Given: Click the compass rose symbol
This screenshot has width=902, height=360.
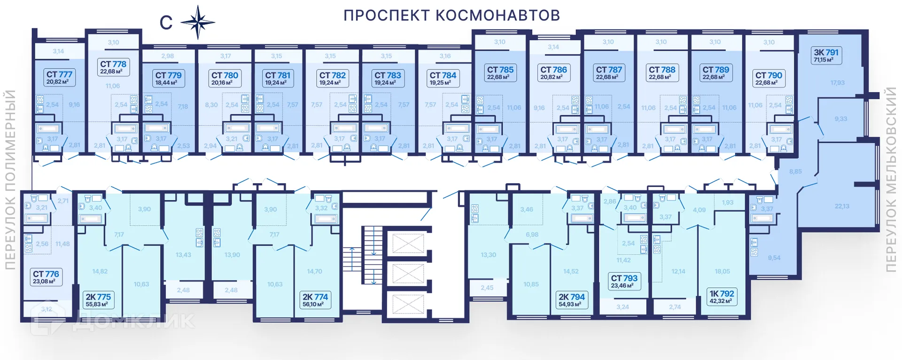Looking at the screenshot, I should [198, 22].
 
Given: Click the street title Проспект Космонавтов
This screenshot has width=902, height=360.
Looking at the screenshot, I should [451, 16].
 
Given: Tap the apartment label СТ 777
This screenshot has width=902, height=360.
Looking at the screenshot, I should [58, 78].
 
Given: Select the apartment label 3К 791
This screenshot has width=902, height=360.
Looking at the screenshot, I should [826, 55].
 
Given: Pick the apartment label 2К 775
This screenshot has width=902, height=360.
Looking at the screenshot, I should [98, 300].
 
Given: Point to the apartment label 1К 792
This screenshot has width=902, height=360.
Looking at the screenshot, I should [722, 297].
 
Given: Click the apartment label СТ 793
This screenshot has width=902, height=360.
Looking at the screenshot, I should [623, 281].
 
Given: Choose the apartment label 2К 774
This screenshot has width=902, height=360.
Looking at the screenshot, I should [315, 300].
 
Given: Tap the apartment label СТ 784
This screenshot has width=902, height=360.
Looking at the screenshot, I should [443, 78].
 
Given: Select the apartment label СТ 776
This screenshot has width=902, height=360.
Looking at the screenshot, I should [46, 277].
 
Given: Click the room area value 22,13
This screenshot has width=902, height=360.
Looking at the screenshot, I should [842, 206].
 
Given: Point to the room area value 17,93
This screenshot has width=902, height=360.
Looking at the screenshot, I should [837, 83].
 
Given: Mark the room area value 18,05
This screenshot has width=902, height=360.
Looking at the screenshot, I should [722, 271].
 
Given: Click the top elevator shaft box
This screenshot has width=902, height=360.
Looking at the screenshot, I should [408, 244].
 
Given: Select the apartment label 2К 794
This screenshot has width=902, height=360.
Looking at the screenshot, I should [571, 300].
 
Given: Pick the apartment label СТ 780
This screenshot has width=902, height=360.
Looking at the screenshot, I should [225, 78].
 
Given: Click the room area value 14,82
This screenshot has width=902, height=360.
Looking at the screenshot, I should [100, 271].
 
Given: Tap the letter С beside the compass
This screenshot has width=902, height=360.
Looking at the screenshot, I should [166, 23].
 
